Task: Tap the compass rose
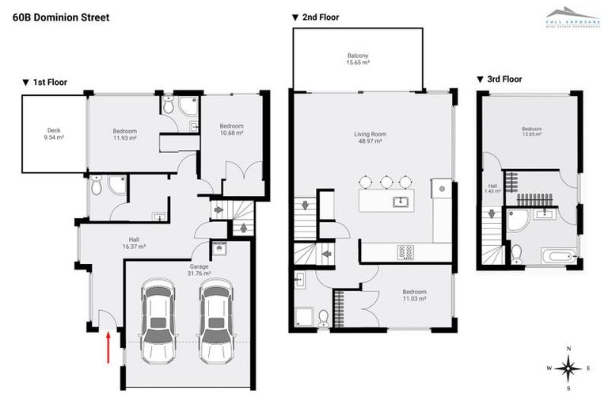pyautogui.click(x=568, y=368)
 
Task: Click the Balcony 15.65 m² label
pyautogui.click(x=358, y=59)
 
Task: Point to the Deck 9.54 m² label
pyautogui.click(x=54, y=134)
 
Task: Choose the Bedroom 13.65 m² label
pyautogui.click(x=531, y=132)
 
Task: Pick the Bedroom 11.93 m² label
pyautogui.click(x=124, y=135)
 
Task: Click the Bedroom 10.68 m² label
pyautogui.click(x=231, y=129)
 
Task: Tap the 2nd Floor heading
pyautogui.click(x=316, y=17)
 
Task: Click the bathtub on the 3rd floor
pyautogui.click(x=559, y=255)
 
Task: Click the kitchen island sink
pyautogui.click(x=400, y=201)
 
